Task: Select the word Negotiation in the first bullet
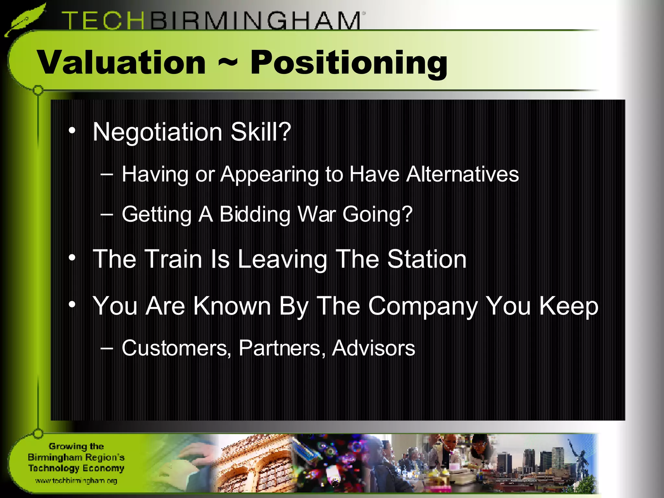point(157,132)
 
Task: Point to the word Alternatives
point(462,174)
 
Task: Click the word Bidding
point(255,214)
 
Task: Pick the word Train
point(173,259)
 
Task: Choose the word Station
point(427,259)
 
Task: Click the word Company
point(423,306)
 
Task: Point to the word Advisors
point(373,348)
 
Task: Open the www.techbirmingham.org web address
point(76,480)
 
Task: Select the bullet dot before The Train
point(72,258)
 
